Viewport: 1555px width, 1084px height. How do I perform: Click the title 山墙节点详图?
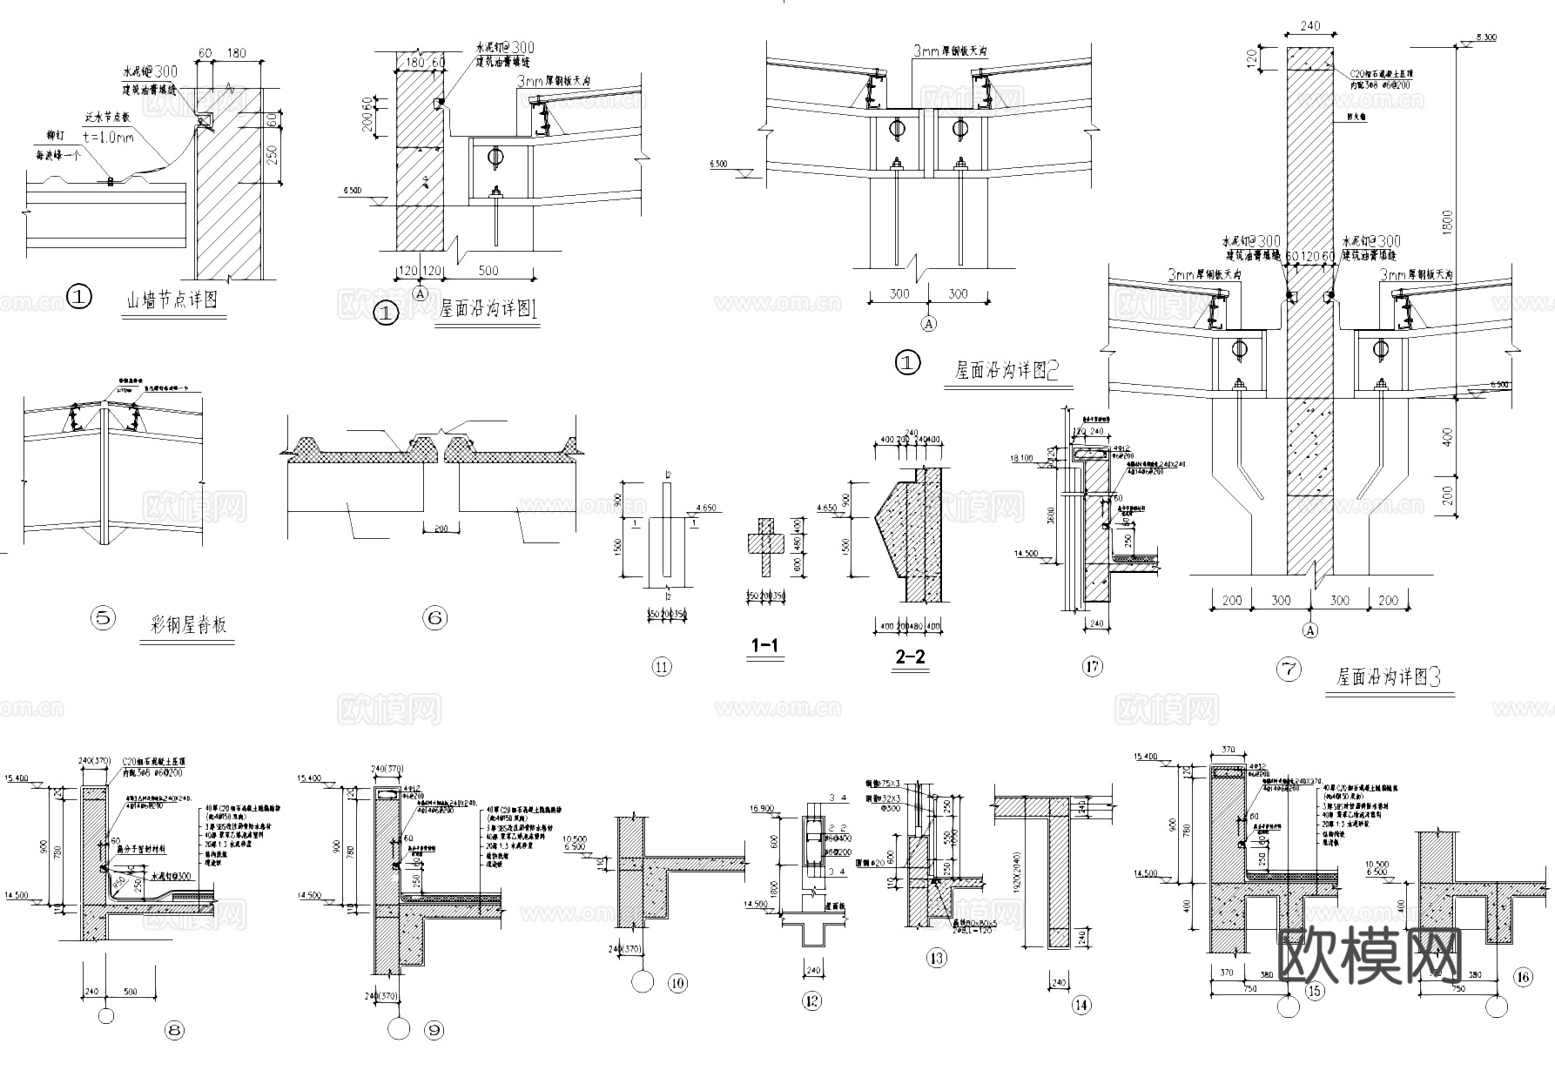click(x=172, y=301)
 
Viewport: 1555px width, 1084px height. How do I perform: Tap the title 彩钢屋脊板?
click(x=188, y=625)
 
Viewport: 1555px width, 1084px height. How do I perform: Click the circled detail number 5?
click(x=103, y=618)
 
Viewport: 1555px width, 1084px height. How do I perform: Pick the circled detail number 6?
click(x=434, y=618)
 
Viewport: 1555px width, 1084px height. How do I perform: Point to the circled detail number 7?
click(x=1289, y=670)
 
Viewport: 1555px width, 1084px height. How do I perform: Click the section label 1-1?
click(x=764, y=646)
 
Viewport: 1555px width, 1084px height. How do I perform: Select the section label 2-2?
click(x=910, y=658)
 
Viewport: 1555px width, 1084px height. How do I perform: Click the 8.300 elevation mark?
click(x=1485, y=37)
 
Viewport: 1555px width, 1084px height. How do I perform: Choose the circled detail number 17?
click(x=1092, y=667)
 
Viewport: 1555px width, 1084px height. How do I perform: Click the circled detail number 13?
click(x=937, y=959)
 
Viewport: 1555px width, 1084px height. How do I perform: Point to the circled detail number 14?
click(x=1081, y=1005)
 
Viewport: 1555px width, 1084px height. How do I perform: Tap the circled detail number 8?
click(x=174, y=1030)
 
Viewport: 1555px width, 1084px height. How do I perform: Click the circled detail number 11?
click(x=662, y=668)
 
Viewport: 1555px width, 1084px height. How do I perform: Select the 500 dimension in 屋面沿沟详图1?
click(x=488, y=270)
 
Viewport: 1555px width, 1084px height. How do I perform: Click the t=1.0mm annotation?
click(x=109, y=137)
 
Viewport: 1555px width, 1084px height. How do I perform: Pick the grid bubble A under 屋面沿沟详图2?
click(x=929, y=324)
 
